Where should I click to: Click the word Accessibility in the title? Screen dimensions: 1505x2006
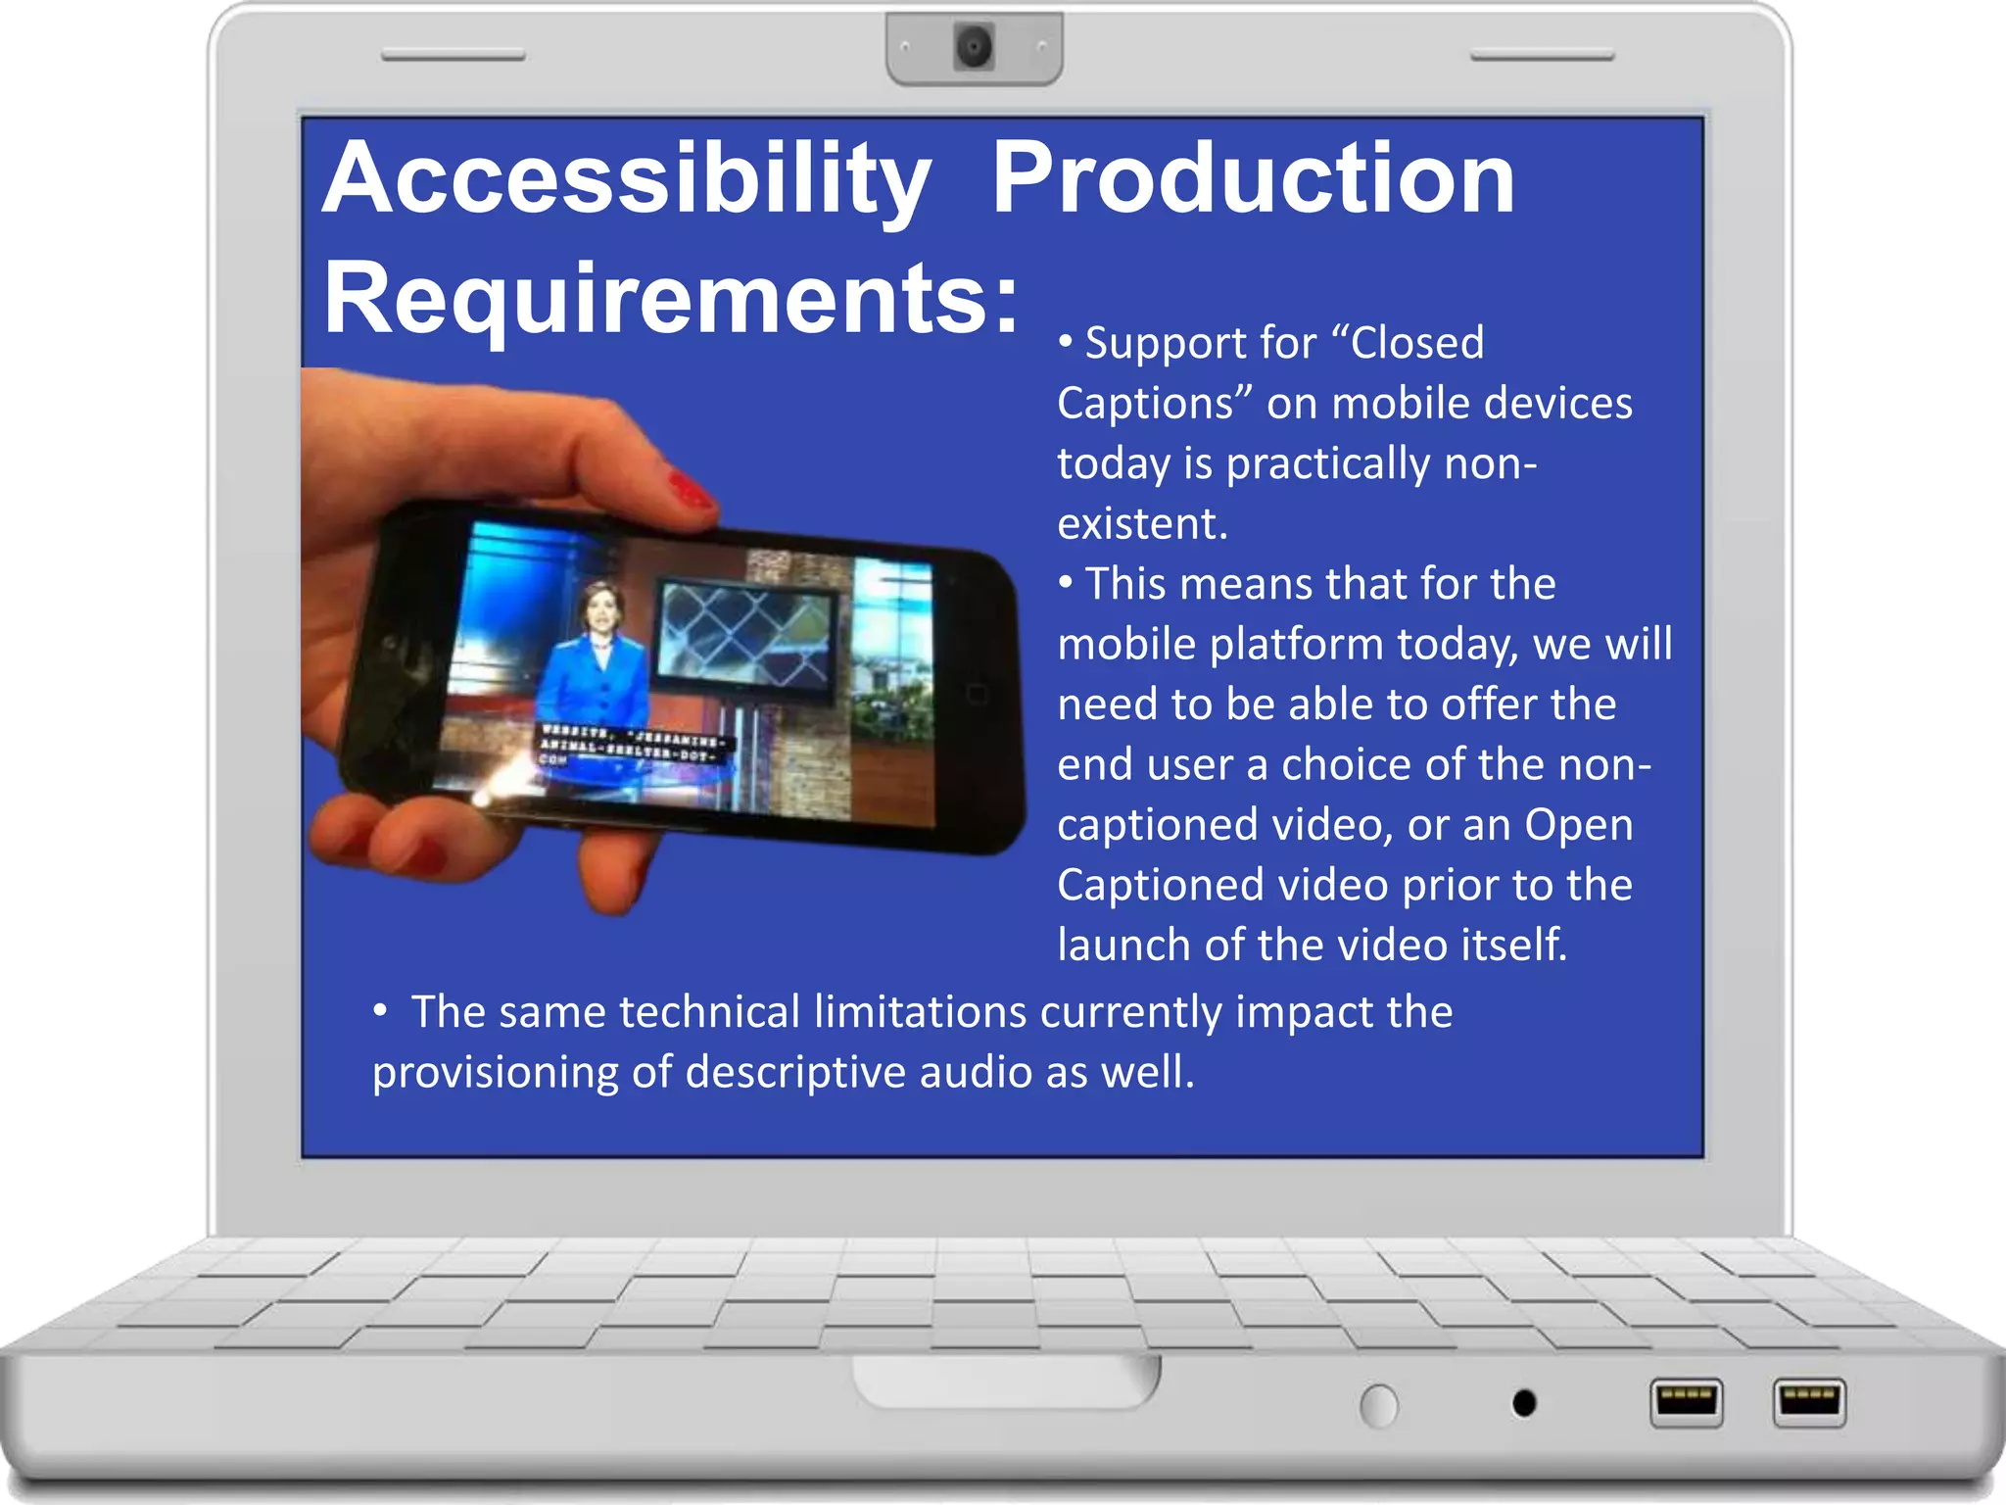627,179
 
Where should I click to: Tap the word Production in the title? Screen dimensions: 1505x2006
1253,179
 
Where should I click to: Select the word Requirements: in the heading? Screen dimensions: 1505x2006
672,299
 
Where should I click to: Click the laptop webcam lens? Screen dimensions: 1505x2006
974,46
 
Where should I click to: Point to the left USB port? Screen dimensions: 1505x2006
1686,1402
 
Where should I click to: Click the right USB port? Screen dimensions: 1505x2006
1809,1402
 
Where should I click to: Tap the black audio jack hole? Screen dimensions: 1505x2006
1524,1403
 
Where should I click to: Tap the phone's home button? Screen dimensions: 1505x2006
977,695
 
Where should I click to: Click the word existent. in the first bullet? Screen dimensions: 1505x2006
1142,523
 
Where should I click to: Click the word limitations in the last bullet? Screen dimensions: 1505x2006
920,1012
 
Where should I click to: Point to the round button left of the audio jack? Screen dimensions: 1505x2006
1379,1406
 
